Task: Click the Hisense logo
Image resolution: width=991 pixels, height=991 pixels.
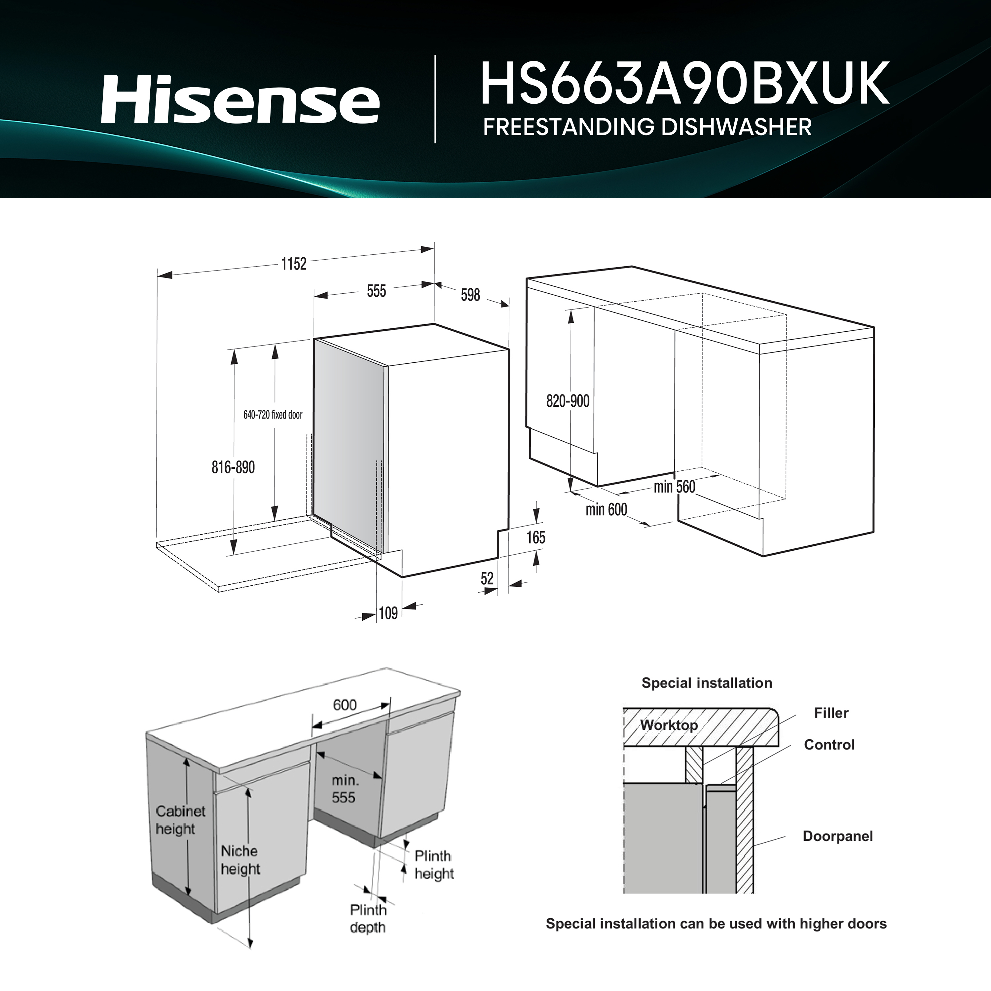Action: coord(240,99)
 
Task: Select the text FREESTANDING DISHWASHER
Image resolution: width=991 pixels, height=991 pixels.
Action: coord(647,127)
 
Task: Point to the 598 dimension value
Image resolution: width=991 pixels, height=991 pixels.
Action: coord(470,294)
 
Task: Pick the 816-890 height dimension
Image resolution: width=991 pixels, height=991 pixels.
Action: coord(234,467)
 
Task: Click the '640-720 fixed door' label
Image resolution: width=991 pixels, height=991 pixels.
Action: coord(273,415)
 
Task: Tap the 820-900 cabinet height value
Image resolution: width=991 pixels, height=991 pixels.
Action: coord(568,401)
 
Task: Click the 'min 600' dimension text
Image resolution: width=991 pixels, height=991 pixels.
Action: coord(606,509)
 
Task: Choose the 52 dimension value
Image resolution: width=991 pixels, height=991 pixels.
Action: coord(487,578)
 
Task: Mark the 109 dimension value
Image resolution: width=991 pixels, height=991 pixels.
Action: coord(388,613)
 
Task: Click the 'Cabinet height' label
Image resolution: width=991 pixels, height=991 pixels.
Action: coord(181,820)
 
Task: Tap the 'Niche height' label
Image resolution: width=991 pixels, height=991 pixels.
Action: coord(240,860)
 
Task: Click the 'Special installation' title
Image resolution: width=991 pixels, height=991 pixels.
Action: coord(707,683)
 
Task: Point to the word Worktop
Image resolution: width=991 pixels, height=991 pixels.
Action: coord(669,725)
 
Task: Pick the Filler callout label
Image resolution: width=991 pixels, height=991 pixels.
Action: coord(831,713)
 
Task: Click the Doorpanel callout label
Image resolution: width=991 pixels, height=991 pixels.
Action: coord(838,836)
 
